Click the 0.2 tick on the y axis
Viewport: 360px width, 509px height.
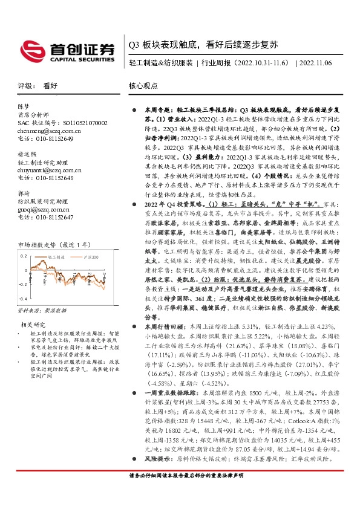click(x=24, y=256)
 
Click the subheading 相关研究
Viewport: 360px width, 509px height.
click(x=30, y=325)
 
